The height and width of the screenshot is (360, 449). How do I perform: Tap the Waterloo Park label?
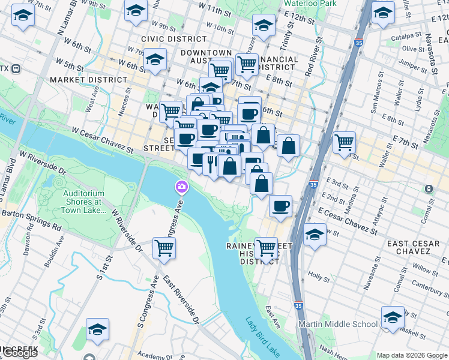[x=310, y=3]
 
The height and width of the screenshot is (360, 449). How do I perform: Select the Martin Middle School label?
[x=339, y=324]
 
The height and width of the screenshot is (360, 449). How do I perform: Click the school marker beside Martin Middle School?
[x=393, y=317]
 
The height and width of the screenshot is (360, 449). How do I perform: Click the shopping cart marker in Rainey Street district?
[x=266, y=247]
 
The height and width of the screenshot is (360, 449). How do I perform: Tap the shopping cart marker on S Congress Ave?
[x=164, y=247]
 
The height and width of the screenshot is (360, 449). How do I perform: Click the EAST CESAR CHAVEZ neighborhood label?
[x=415, y=248]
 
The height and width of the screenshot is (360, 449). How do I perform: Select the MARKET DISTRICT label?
[x=89, y=80]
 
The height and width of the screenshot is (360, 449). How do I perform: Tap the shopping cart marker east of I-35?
[x=344, y=142]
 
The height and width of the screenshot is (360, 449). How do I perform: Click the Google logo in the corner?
[x=20, y=353]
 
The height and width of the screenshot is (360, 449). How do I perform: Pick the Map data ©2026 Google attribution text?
[x=411, y=355]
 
